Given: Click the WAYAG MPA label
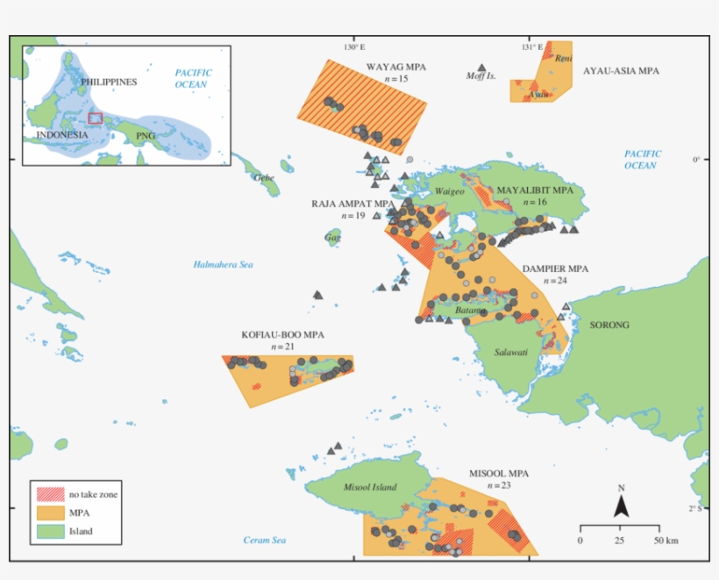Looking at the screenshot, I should click(x=396, y=67).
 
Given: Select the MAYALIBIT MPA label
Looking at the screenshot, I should click(x=535, y=190).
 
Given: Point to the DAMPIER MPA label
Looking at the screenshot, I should click(x=555, y=269).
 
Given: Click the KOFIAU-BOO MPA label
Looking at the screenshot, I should click(x=282, y=335).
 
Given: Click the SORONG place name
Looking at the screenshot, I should click(x=609, y=325).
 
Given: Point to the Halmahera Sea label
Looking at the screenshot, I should click(x=223, y=264).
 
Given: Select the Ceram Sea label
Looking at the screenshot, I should click(x=265, y=541).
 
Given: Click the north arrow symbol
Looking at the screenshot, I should click(x=621, y=505).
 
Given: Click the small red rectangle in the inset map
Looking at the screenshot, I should click(x=95, y=118).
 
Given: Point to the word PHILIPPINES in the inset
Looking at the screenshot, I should click(x=109, y=82).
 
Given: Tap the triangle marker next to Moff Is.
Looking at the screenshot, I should click(x=481, y=68).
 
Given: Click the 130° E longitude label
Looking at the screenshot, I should click(x=353, y=47).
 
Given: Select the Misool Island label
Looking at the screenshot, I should click(x=370, y=487).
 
